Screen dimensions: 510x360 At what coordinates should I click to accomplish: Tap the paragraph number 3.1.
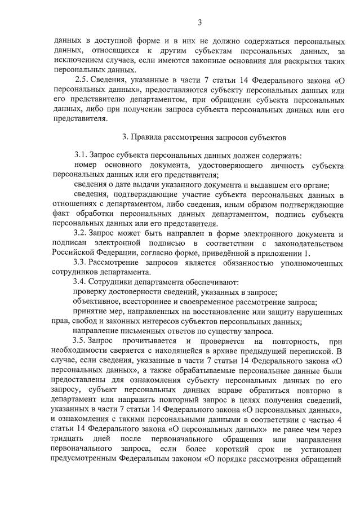tap(81, 156)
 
